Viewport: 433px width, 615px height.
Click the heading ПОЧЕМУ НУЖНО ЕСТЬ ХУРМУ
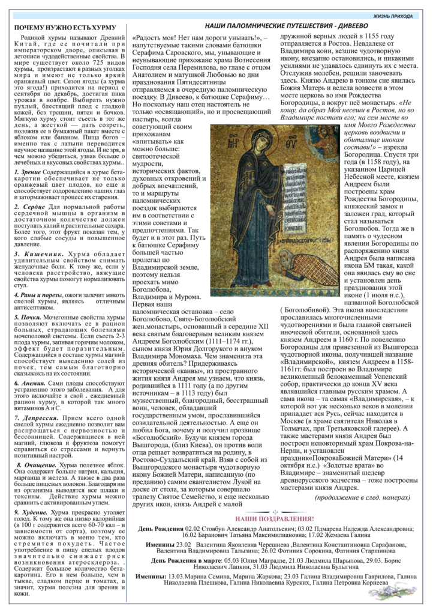(x=65, y=28)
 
